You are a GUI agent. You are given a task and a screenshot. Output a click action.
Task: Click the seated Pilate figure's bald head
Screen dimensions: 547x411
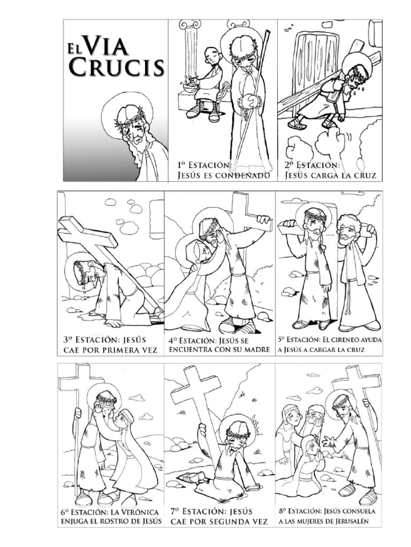click(212, 54)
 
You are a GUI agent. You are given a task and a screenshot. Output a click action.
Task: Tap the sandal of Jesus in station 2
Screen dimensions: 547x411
click(296, 124)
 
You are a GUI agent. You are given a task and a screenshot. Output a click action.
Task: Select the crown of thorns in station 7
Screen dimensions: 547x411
click(236, 431)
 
